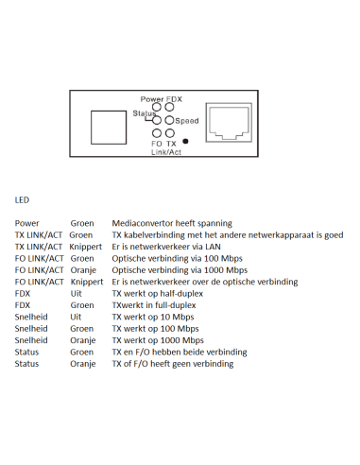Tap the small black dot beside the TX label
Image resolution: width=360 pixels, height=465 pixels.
click(x=185, y=142)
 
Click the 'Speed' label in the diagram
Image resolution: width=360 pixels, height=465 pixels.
click(x=187, y=121)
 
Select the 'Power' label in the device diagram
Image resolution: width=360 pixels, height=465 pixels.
click(x=151, y=99)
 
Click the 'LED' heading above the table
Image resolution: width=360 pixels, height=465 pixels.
click(x=23, y=199)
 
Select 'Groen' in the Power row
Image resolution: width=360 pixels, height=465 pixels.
click(x=82, y=223)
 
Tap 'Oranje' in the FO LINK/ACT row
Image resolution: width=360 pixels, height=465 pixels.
click(x=84, y=270)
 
